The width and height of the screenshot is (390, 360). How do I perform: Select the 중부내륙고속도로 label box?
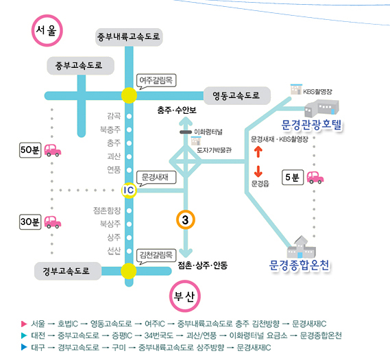[x=129, y=37]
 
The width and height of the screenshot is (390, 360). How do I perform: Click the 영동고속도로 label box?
[x=236, y=95]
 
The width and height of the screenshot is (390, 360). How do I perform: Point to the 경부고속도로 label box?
[x=68, y=271]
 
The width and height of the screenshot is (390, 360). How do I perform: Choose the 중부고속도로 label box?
[x=80, y=66]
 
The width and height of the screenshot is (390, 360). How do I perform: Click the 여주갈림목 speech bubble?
[x=156, y=81]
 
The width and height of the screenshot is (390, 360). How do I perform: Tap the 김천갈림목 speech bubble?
[x=156, y=256]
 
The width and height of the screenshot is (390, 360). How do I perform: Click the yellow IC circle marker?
[x=129, y=191]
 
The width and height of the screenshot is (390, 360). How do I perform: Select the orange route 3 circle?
[x=186, y=219]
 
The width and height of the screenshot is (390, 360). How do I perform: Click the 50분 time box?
[x=30, y=150]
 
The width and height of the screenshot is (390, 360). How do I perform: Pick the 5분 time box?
[x=293, y=178]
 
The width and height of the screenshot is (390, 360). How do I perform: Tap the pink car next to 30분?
[x=53, y=222]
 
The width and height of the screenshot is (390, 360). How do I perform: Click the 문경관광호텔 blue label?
[x=311, y=125]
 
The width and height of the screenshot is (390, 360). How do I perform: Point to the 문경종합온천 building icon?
[x=302, y=247]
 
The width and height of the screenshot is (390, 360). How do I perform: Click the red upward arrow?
[x=258, y=152]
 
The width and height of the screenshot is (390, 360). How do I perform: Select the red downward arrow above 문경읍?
[x=258, y=171]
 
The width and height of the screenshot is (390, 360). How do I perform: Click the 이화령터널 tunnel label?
[x=208, y=132]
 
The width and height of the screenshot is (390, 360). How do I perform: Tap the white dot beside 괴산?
[x=129, y=157]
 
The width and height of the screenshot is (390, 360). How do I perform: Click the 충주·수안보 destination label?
[x=177, y=110]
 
